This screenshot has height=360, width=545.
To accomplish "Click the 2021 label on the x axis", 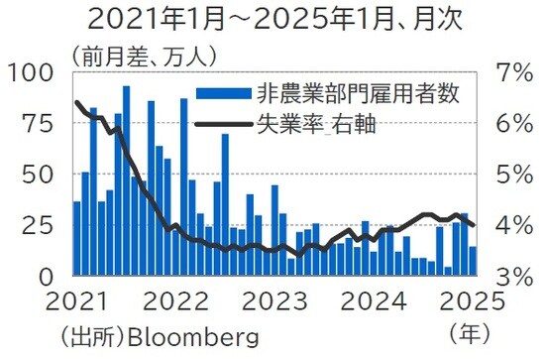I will coord(75,301).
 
